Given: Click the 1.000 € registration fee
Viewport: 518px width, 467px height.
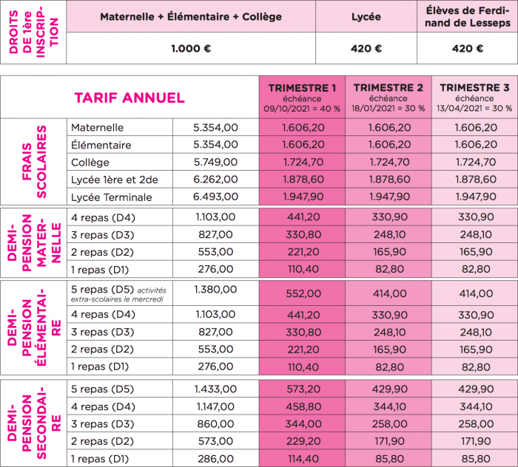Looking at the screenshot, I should [x=191, y=49].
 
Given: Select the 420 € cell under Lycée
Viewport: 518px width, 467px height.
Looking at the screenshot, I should [x=366, y=49].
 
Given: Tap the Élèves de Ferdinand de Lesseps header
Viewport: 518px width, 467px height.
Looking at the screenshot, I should [x=468, y=16].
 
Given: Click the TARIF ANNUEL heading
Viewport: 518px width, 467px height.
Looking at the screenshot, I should [x=129, y=98].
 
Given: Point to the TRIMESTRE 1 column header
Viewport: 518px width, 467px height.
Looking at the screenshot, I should [x=302, y=88].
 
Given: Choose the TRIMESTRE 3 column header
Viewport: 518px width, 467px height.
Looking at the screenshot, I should [x=474, y=88].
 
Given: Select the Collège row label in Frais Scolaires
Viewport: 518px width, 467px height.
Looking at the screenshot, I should [x=90, y=163].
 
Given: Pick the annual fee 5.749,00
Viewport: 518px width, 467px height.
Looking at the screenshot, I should [x=215, y=163].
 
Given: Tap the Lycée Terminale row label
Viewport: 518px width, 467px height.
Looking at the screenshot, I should [x=111, y=197].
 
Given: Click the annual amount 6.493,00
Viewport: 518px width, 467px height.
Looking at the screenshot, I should [x=215, y=197].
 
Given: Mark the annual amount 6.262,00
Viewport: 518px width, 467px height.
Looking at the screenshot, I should [x=215, y=180].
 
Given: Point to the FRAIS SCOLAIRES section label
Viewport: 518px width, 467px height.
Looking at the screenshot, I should [x=34, y=163].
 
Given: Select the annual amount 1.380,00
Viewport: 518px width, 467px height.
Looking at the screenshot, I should [x=215, y=288].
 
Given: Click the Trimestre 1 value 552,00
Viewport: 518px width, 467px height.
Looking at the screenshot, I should [x=302, y=293].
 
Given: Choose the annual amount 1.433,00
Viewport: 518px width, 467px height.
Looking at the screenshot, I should [x=215, y=389].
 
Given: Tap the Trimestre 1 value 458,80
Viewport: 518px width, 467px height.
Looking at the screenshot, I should [x=302, y=406].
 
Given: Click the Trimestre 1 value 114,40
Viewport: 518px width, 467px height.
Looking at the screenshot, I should [x=302, y=458].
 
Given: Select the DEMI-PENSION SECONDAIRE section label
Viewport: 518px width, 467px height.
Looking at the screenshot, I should [x=34, y=423].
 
